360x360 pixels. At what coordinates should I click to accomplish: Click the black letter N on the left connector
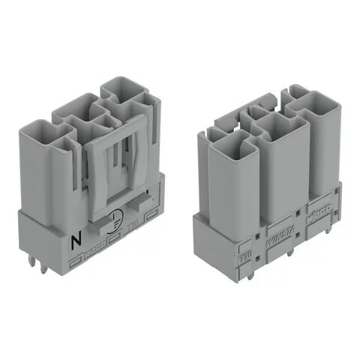click(x=74, y=241)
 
